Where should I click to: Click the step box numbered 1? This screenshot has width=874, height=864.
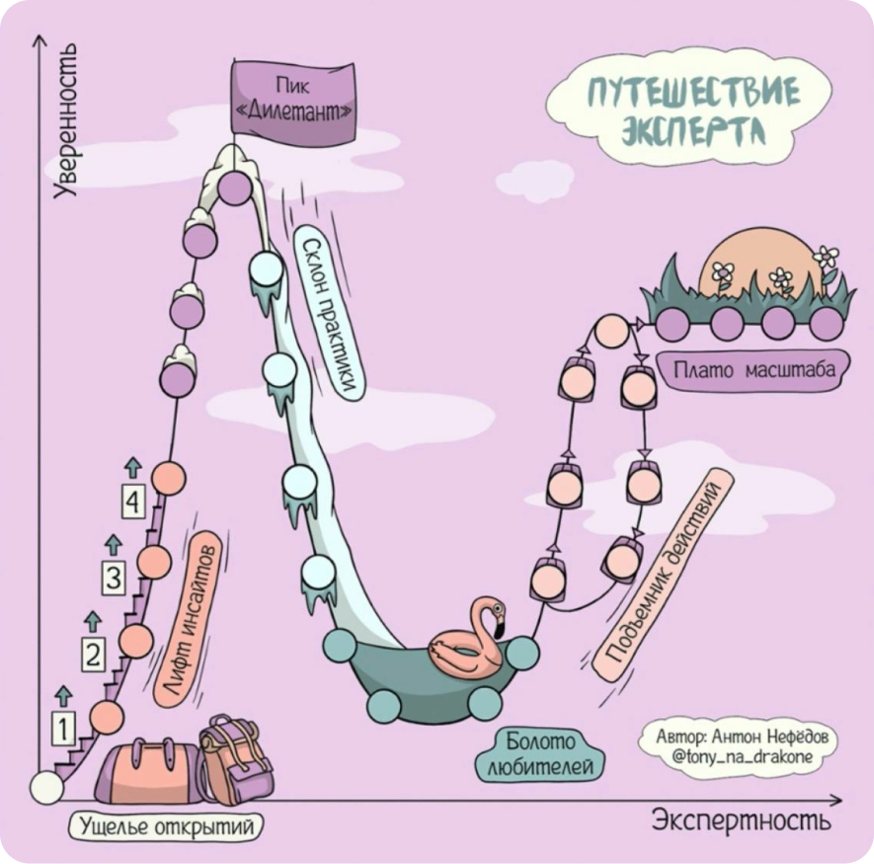(62, 730)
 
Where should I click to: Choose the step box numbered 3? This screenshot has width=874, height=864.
(115, 578)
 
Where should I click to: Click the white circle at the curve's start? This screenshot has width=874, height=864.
(45, 787)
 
